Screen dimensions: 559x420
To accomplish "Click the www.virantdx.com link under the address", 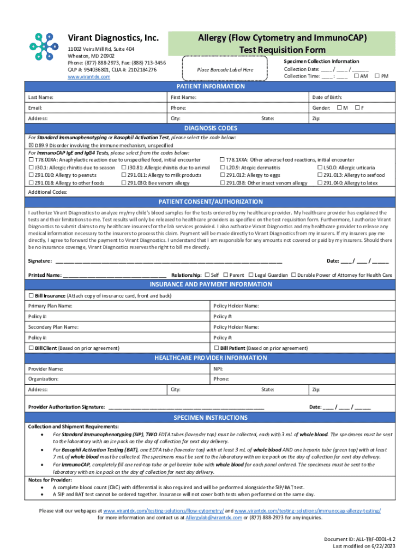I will [x=88, y=77].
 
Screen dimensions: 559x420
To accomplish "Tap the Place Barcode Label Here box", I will [x=225, y=70].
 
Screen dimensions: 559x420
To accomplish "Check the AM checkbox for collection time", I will [x=357, y=76].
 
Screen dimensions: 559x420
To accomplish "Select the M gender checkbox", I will [x=339, y=108].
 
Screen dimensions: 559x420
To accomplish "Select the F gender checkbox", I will [x=357, y=108].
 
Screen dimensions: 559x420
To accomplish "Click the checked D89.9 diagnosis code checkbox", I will [x=31, y=146].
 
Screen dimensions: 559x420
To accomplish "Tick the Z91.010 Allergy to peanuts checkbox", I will [x=31, y=175].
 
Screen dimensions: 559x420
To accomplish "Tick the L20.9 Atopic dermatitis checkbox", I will [x=222, y=168].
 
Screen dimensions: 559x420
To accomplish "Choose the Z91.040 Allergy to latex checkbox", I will [x=320, y=183].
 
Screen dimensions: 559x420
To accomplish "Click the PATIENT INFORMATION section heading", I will [x=211, y=87].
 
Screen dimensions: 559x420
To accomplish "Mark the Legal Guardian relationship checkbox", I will [x=250, y=275].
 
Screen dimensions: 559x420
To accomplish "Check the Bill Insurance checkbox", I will [x=31, y=295].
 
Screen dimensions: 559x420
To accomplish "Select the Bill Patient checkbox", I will [x=217, y=348].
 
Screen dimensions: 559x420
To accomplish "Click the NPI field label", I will [x=218, y=368].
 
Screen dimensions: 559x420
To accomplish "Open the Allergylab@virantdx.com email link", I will [x=213, y=518].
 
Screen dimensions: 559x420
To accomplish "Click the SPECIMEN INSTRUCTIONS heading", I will [x=211, y=418].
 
